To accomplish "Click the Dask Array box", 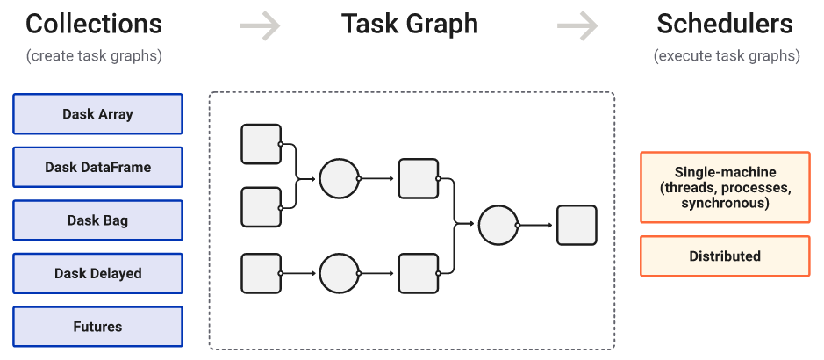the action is pyautogui.click(x=97, y=114).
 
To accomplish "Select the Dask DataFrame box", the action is pyautogui.click(x=97, y=167).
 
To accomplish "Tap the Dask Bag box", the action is pyautogui.click(x=97, y=220).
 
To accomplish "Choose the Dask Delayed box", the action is pyautogui.click(x=97, y=273).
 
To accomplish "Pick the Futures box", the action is pyautogui.click(x=97, y=327).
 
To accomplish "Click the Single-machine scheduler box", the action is pyautogui.click(x=725, y=188).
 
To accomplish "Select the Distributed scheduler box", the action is pyautogui.click(x=725, y=256).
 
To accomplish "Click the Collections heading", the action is pyautogui.click(x=94, y=24).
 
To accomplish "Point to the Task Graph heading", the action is pyautogui.click(x=410, y=25).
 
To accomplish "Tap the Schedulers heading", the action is pyautogui.click(x=725, y=24).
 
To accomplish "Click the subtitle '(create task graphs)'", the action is pyautogui.click(x=94, y=55).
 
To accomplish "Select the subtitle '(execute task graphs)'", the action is pyautogui.click(x=727, y=55).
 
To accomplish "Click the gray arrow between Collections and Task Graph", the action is pyautogui.click(x=260, y=25).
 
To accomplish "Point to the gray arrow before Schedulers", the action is pyautogui.click(x=577, y=25).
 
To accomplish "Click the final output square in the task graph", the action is pyautogui.click(x=577, y=225).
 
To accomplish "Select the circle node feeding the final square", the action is pyautogui.click(x=498, y=225).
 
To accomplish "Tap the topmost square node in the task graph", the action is pyautogui.click(x=261, y=144).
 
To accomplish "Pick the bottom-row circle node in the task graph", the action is pyautogui.click(x=340, y=273).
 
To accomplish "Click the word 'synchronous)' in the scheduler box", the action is pyautogui.click(x=725, y=204).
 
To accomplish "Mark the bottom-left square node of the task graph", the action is pyautogui.click(x=261, y=273).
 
